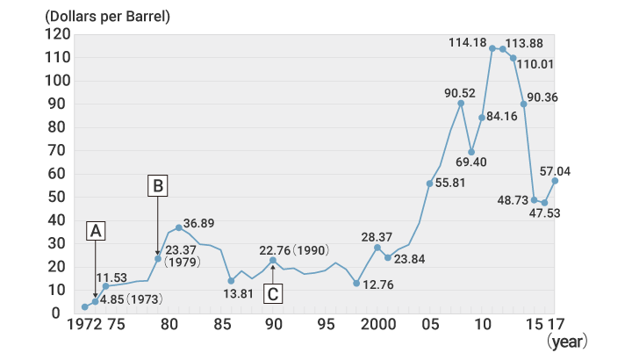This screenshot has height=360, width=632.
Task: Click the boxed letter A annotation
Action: point(97,230)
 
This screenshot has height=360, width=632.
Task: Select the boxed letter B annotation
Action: point(157,185)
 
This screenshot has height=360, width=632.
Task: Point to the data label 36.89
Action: point(199,223)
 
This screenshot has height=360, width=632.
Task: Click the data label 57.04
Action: point(555,170)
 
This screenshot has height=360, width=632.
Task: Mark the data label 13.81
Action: point(231,294)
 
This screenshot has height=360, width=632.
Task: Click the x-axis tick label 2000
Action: point(377,324)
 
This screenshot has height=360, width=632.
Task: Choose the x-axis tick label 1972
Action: point(84,324)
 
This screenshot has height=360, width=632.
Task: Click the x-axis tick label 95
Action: point(326,324)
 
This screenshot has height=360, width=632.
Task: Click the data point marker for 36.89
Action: point(179,227)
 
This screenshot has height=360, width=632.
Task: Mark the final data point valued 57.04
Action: point(555,181)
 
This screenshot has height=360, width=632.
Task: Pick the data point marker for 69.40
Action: point(471,152)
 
